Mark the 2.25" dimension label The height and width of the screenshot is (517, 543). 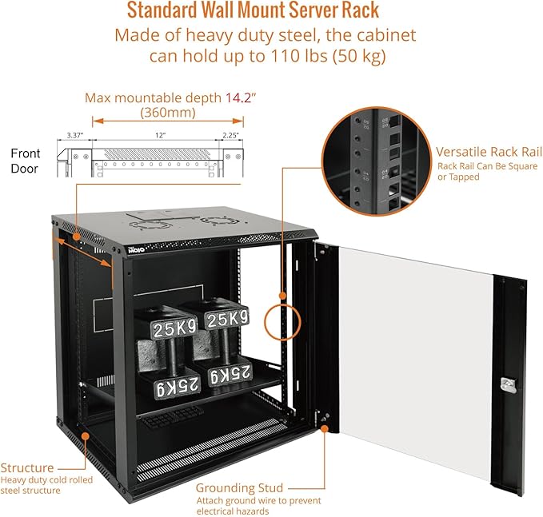pyautogui.click(x=231, y=135)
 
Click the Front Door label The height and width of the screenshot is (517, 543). pyautogui.click(x=26, y=160)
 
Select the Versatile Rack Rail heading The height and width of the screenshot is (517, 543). pyautogui.click(x=489, y=152)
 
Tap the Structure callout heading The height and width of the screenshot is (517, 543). pyautogui.click(x=28, y=467)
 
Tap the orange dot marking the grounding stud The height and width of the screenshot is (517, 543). pyautogui.click(x=325, y=428)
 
